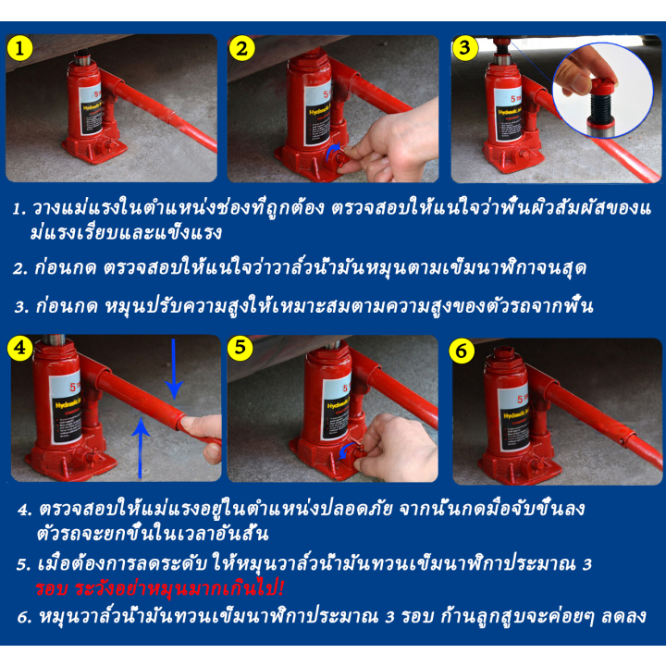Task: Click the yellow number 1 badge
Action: click(x=19, y=48)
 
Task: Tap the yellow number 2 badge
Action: click(x=241, y=48)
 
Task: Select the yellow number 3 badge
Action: click(x=464, y=47)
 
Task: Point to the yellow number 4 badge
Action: click(x=20, y=349)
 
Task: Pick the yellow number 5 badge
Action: click(x=240, y=348)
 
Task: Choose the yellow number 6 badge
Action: click(x=462, y=351)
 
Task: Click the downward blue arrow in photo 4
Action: click(x=174, y=369)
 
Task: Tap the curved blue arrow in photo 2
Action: click(x=332, y=152)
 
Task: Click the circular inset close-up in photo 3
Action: click(x=603, y=90)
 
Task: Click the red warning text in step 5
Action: click(x=159, y=589)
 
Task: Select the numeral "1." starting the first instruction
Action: click(x=19, y=209)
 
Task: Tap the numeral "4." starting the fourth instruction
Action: click(x=25, y=510)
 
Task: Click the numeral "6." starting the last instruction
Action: click(x=24, y=617)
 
